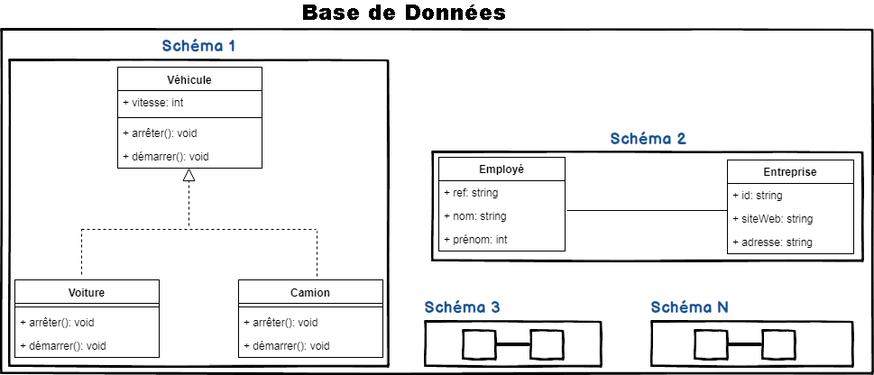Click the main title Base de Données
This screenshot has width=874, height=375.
403,14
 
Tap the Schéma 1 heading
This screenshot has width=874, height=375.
199,45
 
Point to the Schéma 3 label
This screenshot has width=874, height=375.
462,307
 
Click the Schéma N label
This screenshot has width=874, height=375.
690,307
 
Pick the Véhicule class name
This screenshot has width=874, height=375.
189,79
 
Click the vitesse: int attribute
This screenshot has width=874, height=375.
153,104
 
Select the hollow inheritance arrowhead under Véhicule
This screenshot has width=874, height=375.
189,176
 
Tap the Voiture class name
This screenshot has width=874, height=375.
87,292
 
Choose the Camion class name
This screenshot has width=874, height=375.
310,292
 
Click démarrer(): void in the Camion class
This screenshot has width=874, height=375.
286,346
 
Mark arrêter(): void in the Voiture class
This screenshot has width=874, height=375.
57,323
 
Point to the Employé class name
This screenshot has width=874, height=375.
501,169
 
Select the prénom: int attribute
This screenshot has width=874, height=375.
474,240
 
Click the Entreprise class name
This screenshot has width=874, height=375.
790,171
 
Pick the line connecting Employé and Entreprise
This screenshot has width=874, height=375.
646,211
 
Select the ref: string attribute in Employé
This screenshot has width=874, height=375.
471,193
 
